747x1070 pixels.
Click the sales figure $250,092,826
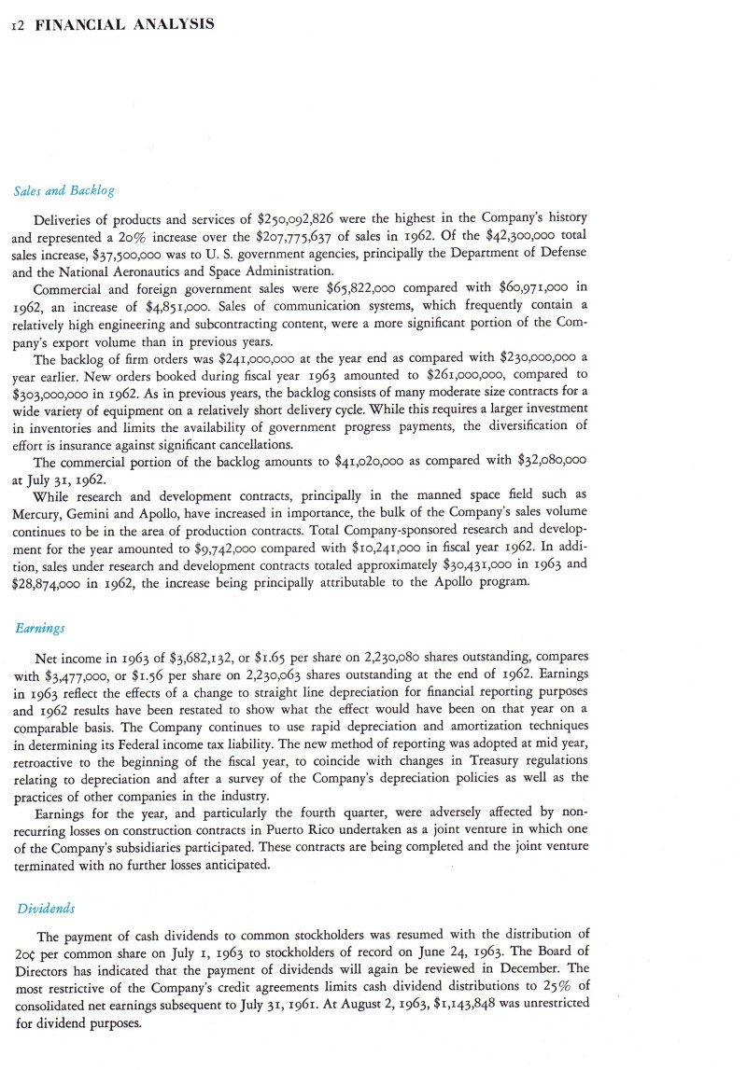click(x=296, y=220)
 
